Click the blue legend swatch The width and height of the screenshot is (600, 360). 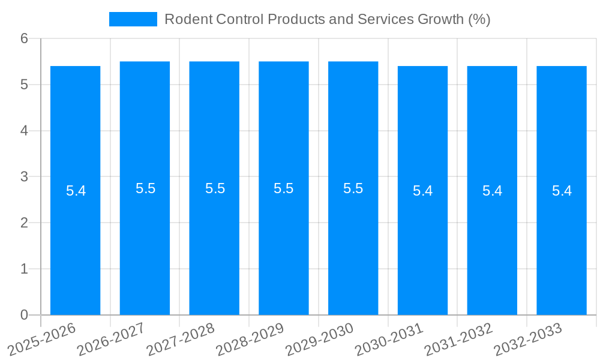coord(133,19)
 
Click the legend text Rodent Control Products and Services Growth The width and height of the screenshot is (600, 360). coord(327,19)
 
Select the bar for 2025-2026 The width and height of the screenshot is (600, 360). coord(75,240)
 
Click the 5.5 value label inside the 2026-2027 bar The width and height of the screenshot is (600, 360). coord(145,188)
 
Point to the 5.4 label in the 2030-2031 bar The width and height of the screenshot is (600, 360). coord(422,191)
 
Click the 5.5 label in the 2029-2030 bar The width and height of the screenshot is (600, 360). coord(353,188)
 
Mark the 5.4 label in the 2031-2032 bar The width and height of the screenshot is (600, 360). coord(492,191)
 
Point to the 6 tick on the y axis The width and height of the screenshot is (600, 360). coord(25,38)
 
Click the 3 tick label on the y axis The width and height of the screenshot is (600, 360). coord(25,177)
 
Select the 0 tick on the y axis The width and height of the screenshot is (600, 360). coord(25,315)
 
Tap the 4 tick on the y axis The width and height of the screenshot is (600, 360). coord(25,131)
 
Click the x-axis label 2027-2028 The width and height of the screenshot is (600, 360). coord(181,339)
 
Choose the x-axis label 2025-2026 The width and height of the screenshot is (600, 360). coord(43,339)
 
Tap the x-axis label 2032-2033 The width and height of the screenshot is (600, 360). coord(529,339)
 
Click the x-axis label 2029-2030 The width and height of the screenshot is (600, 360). coord(320,339)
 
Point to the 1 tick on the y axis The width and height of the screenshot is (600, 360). coord(25,269)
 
